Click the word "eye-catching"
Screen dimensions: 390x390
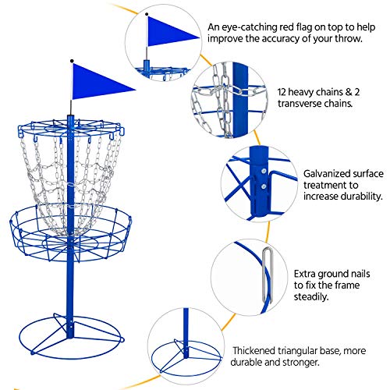(252, 27)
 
